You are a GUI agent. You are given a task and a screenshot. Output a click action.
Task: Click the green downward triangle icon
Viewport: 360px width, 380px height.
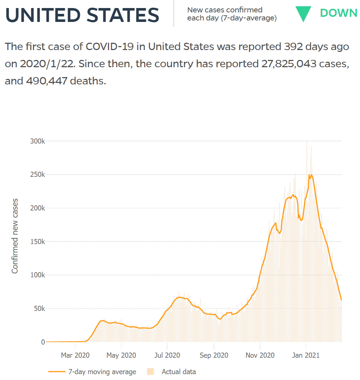(x=303, y=14)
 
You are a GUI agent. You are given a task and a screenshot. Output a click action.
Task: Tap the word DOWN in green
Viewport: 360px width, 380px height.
(x=338, y=13)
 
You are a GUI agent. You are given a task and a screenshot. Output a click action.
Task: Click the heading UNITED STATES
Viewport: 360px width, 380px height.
(x=82, y=15)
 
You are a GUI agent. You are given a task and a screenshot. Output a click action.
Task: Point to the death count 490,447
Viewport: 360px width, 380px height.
(x=46, y=81)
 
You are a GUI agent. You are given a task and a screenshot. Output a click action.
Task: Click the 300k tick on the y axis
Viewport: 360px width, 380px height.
(x=37, y=141)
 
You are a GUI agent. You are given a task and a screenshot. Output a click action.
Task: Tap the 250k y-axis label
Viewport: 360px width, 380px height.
(x=37, y=175)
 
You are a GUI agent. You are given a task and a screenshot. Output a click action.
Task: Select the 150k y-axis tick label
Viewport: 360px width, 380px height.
(x=37, y=242)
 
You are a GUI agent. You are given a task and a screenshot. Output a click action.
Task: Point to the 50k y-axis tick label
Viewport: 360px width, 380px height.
(x=38, y=309)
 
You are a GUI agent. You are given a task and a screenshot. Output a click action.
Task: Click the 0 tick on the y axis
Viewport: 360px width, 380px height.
(x=43, y=342)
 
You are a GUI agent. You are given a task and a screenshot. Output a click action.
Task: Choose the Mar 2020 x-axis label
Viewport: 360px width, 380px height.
(x=75, y=355)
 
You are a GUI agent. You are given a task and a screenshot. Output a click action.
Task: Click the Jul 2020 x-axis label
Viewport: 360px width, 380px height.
(x=168, y=355)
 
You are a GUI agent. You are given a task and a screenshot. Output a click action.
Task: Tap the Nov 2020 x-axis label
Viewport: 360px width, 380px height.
(x=260, y=355)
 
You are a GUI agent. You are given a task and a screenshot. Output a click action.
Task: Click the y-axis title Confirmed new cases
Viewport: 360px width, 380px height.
(x=15, y=236)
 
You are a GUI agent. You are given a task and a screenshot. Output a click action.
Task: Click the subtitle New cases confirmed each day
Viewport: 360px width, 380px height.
(x=232, y=14)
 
